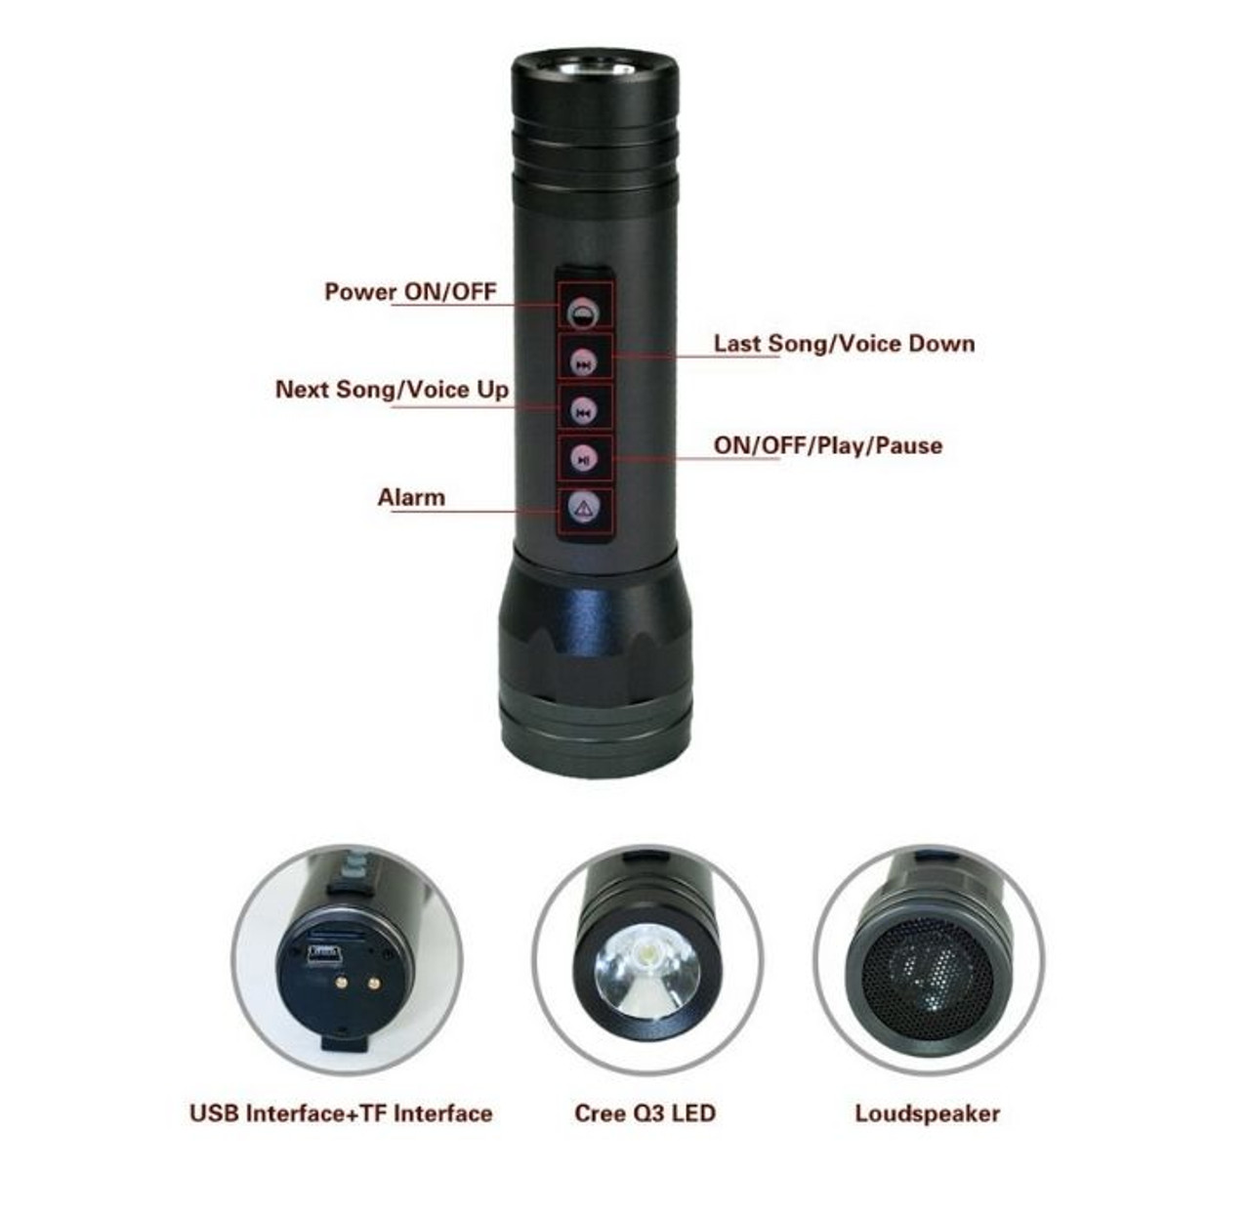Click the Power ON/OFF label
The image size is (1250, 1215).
tap(410, 292)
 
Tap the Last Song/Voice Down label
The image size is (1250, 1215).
tap(844, 344)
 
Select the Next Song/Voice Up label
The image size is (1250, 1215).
tap(392, 390)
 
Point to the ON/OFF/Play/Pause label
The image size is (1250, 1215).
tap(828, 446)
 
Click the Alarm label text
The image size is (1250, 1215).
tap(411, 497)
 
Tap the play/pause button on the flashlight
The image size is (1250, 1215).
tap(584, 459)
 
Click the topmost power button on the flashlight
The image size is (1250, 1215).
tap(584, 313)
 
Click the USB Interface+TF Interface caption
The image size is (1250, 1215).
tap(341, 1113)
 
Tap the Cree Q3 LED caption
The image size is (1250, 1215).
tap(645, 1113)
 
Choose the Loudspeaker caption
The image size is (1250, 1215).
tap(927, 1114)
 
